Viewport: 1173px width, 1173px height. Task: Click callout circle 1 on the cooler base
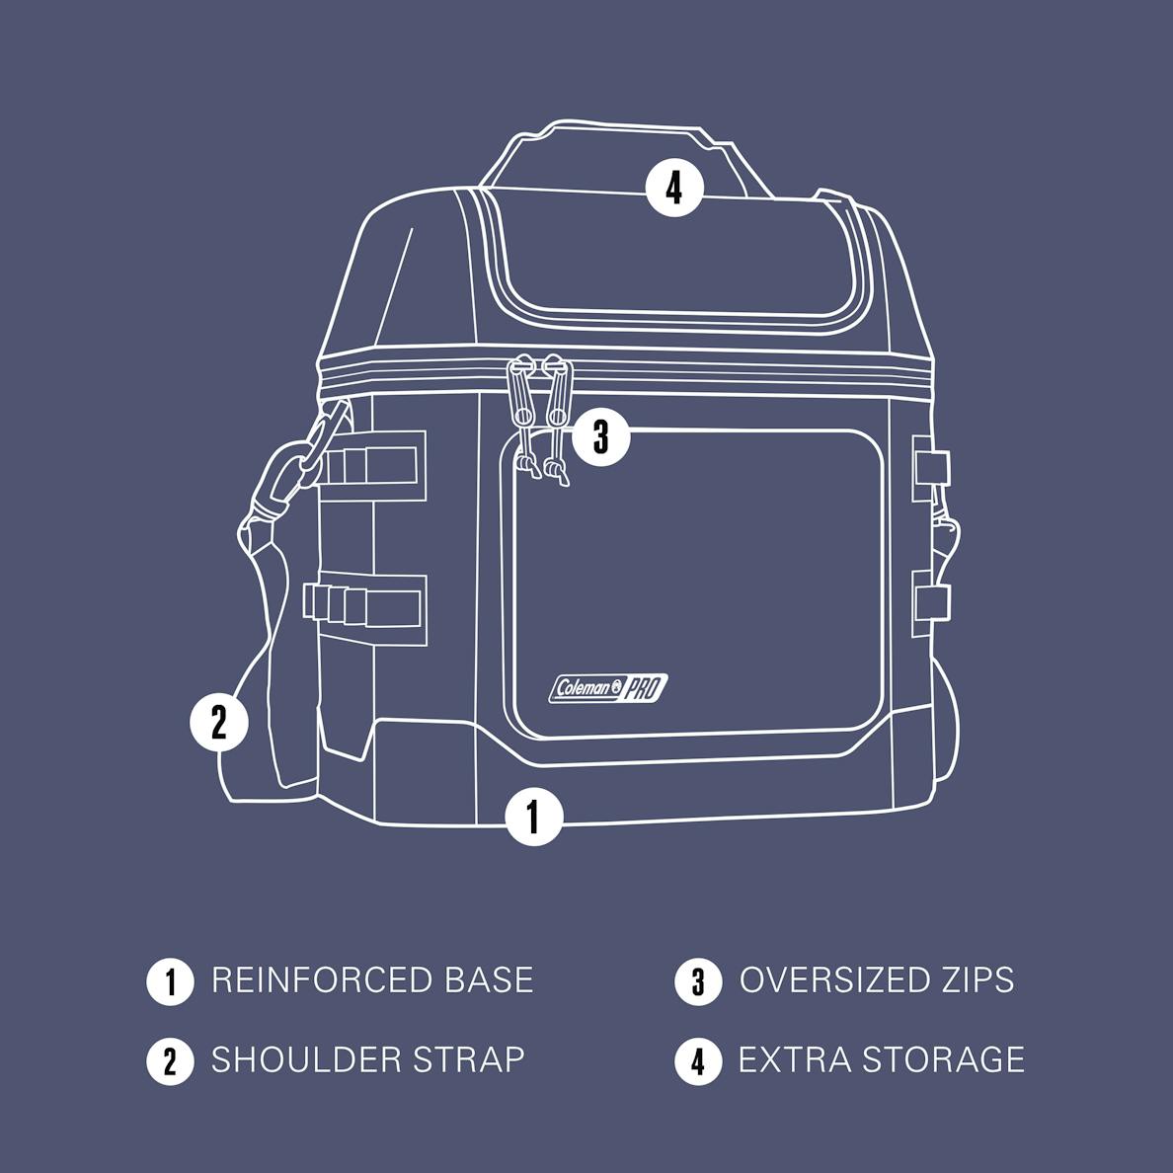tap(534, 816)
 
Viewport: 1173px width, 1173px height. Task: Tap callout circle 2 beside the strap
tap(218, 723)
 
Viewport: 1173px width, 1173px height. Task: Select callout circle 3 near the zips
tap(601, 436)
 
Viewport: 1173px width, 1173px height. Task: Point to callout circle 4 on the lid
tap(674, 188)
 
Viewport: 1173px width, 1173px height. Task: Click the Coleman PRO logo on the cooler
tap(608, 688)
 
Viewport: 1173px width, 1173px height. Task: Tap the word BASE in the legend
tap(490, 980)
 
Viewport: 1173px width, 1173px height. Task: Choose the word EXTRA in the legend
tap(795, 1059)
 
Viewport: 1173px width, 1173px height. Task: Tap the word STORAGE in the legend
tap(943, 1059)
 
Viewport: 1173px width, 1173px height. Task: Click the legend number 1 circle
tap(171, 981)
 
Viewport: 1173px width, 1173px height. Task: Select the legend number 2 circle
tap(171, 1060)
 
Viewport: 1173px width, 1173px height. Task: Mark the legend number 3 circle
tap(698, 981)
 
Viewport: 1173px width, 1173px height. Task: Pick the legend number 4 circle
tap(698, 1060)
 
